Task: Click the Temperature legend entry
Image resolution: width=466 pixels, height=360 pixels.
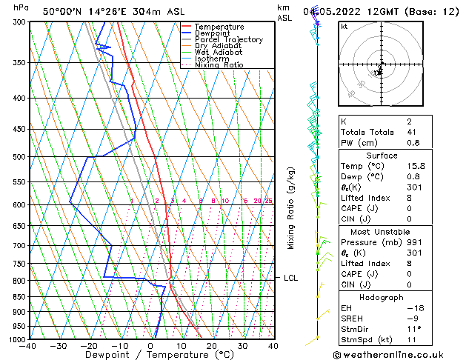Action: (223, 27)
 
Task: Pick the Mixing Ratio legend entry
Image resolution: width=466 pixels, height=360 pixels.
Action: (219, 65)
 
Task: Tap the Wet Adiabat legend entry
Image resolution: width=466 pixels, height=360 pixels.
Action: (218, 53)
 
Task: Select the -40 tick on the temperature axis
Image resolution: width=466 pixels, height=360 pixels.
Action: (29, 346)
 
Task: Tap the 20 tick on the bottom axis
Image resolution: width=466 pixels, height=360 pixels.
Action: (212, 346)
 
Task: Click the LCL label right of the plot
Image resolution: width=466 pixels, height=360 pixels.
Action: (290, 278)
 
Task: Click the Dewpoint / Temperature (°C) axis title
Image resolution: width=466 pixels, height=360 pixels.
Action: (150, 355)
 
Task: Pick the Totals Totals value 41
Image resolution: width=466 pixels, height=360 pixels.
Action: (411, 131)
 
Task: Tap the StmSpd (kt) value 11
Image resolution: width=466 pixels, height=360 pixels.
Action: (411, 340)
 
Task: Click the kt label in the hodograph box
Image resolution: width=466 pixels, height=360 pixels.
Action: (344, 27)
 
